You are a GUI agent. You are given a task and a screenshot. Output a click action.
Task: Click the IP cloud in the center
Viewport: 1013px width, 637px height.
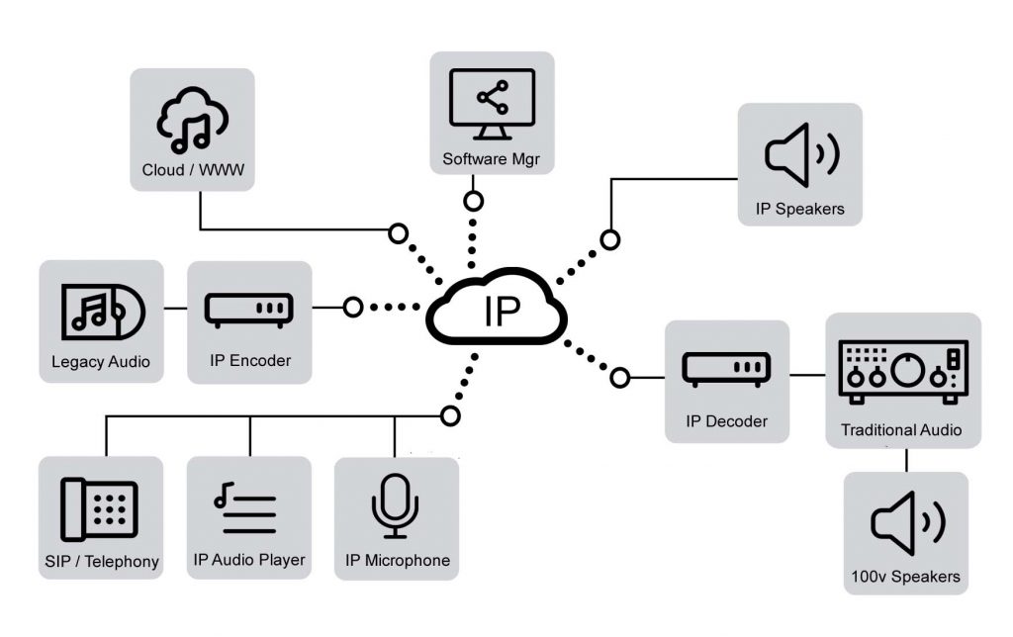497,310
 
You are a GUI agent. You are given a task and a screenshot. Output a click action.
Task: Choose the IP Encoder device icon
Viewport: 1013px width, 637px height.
249,310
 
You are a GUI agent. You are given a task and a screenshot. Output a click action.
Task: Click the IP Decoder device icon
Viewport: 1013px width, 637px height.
726,370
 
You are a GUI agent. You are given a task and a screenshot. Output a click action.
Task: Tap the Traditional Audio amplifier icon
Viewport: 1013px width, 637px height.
902,373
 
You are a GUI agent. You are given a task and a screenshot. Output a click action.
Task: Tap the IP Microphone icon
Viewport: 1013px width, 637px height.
395,505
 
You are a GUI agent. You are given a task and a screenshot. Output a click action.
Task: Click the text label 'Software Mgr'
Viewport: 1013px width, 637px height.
492,159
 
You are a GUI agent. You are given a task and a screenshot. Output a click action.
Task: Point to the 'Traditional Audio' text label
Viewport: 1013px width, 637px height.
901,430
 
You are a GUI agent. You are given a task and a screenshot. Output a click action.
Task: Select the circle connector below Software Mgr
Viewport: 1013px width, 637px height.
474,202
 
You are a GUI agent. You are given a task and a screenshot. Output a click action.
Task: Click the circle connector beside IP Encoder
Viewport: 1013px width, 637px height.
353,308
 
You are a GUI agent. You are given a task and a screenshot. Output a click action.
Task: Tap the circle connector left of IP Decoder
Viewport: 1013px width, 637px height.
620,377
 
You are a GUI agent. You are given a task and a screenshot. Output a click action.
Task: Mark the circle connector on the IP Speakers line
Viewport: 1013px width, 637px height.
611,239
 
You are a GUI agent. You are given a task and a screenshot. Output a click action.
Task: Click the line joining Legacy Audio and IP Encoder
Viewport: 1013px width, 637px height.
175,308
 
